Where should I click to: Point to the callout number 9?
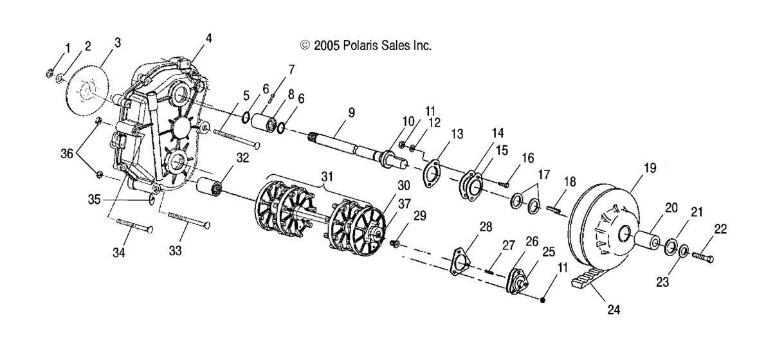(351, 112)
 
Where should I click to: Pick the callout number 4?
(208, 38)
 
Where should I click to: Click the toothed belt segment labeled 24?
(587, 283)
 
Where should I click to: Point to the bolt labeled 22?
(704, 257)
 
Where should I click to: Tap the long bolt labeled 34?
(134, 225)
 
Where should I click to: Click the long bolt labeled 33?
(190, 221)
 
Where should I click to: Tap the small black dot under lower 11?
(543, 299)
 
